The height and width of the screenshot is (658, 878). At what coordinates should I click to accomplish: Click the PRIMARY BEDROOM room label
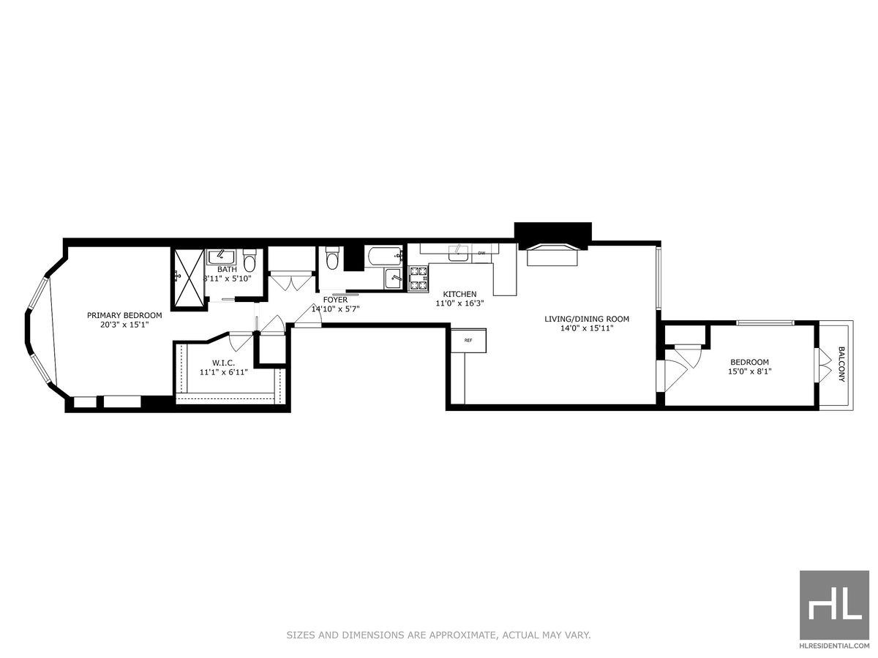[x=124, y=315]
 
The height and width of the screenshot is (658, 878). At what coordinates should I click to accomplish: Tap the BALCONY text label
[x=841, y=364]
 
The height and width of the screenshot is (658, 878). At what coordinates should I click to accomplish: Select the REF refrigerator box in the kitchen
[x=468, y=341]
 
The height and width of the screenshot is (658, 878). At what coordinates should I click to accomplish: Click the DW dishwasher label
[x=481, y=254]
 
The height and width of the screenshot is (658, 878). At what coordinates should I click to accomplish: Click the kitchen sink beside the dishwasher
[x=459, y=252]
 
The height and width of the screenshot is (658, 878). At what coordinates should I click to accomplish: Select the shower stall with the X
[x=188, y=279]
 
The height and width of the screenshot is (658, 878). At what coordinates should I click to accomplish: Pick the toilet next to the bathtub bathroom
[x=332, y=258]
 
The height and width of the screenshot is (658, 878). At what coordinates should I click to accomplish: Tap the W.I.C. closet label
[x=223, y=363]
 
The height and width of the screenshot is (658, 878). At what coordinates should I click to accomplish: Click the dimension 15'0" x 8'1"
[x=750, y=371]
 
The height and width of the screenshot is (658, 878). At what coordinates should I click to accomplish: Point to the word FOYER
[x=335, y=300]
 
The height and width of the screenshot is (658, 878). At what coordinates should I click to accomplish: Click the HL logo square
[x=834, y=605]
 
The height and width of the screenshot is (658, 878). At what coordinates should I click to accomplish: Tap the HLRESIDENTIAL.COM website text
[x=834, y=646]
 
